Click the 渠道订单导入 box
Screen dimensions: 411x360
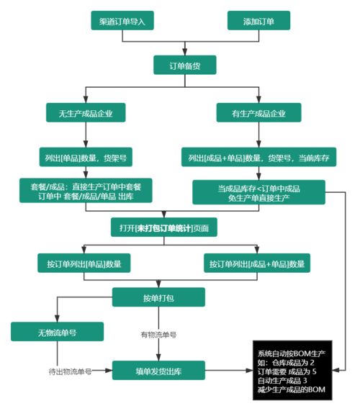pos(122,21)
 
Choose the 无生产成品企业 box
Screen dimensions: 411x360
pos(86,112)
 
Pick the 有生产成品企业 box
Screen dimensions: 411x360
pos(258,112)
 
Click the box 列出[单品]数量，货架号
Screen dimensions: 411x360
pos(85,156)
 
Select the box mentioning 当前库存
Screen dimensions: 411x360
pos(258,157)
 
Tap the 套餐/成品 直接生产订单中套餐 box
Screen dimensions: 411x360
pos(86,191)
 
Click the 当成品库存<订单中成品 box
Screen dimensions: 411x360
pos(258,191)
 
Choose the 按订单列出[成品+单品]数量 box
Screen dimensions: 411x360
pos(257,263)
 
